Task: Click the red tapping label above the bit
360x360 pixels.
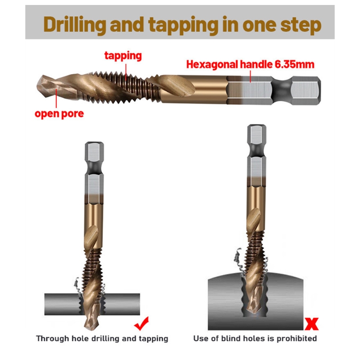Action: (x=123, y=56)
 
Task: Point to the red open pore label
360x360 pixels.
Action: (x=59, y=114)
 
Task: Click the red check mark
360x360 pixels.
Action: (x=142, y=324)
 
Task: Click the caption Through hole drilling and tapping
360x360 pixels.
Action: (x=102, y=338)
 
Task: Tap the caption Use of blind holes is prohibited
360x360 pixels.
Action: (x=255, y=338)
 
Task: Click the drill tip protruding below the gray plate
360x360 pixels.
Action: (x=89, y=321)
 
